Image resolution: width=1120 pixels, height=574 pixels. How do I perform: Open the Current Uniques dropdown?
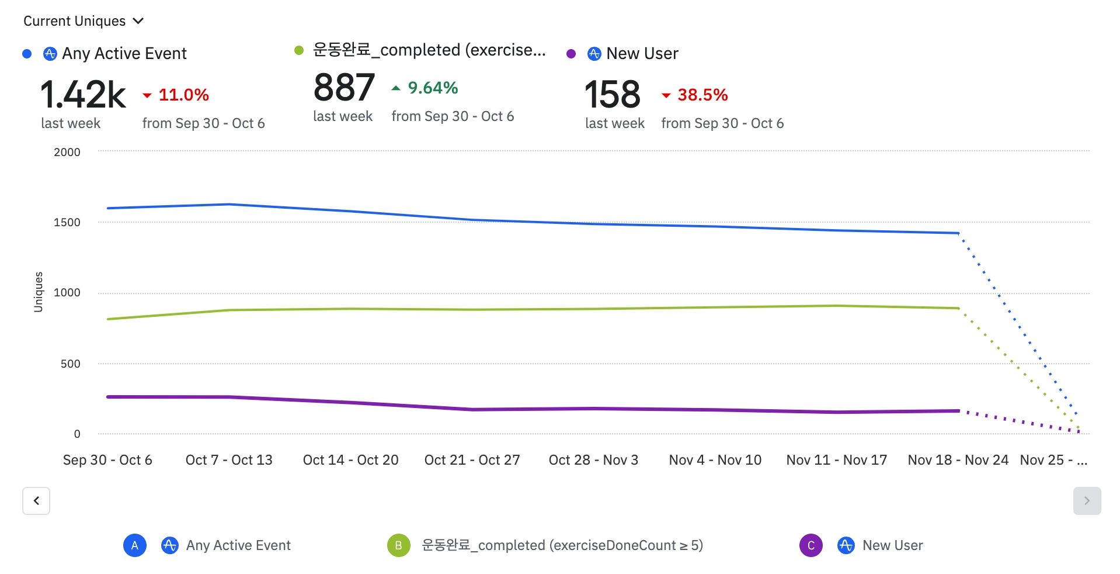coord(83,21)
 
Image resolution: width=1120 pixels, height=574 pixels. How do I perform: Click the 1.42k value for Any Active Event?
coord(83,95)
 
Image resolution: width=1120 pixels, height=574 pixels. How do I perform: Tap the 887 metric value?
coord(344,88)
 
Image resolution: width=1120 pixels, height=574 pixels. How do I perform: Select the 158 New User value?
coord(613,95)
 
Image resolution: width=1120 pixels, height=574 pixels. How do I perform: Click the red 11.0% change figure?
coord(183,95)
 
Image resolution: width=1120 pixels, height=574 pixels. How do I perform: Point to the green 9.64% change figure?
coord(432,88)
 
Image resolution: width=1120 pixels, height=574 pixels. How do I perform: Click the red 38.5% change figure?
coord(702,95)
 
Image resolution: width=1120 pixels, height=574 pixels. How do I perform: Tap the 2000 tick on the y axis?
coord(67,152)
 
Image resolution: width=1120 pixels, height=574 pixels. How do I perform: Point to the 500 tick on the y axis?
coord(70,364)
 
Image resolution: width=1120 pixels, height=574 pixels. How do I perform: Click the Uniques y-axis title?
coord(39,292)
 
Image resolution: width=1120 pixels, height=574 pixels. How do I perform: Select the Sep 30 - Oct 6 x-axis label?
coord(107,460)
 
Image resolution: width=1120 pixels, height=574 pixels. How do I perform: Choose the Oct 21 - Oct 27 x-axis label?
coord(472,460)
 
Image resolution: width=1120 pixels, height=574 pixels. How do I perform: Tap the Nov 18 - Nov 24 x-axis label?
coord(958,460)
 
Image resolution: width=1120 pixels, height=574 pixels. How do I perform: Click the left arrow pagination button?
coord(36,501)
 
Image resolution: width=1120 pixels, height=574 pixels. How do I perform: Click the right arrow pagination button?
coord(1087,501)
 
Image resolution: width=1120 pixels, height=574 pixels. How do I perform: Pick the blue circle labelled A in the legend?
coord(135,545)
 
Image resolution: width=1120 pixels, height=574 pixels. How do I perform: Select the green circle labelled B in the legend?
coord(398,545)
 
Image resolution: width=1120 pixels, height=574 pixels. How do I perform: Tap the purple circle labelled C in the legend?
coord(811,545)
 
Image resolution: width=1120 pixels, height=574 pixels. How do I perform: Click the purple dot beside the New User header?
coord(571,54)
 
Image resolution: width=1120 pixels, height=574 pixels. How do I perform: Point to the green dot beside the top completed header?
coord(299,50)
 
